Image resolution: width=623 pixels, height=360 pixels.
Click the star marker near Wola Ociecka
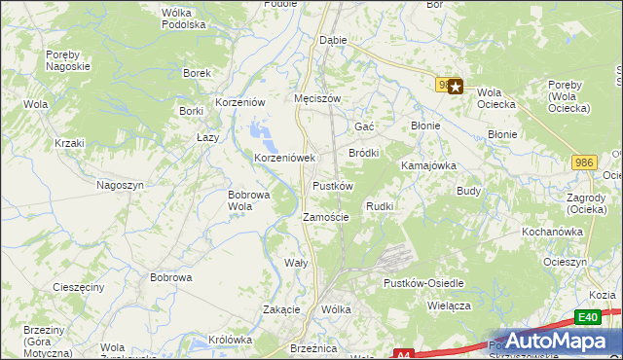point(455,87)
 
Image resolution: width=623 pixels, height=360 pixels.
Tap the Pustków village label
point(332,186)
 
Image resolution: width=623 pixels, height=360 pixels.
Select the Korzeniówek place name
point(285,157)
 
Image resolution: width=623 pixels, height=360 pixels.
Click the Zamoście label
point(326,217)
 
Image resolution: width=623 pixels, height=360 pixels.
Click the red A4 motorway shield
point(405,355)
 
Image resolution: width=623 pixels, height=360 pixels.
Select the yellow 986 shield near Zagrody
point(584,162)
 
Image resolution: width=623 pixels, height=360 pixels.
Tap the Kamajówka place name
point(429,165)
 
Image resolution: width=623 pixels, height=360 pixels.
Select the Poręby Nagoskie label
point(68,60)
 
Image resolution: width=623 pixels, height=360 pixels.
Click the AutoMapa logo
point(544,342)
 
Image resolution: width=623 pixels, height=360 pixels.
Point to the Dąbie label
point(333,41)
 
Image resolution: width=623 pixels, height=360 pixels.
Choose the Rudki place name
point(379,206)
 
